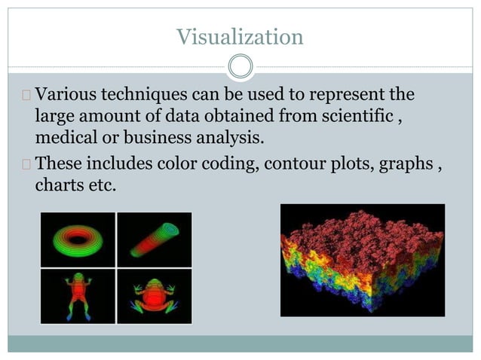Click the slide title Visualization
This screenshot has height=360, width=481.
pos(240,36)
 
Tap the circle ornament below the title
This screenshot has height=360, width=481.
pos(240,67)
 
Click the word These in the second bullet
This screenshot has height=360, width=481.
pos(58,163)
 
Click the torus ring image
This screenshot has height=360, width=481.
pos(78,239)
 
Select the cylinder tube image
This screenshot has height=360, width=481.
pos(155,239)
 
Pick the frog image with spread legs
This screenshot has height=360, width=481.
pos(155,296)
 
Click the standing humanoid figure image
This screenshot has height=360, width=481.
pos(78,296)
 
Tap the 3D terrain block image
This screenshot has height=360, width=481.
pos(362,260)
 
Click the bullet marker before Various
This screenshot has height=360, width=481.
pos(26,96)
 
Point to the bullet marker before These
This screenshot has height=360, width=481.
pos(26,163)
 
